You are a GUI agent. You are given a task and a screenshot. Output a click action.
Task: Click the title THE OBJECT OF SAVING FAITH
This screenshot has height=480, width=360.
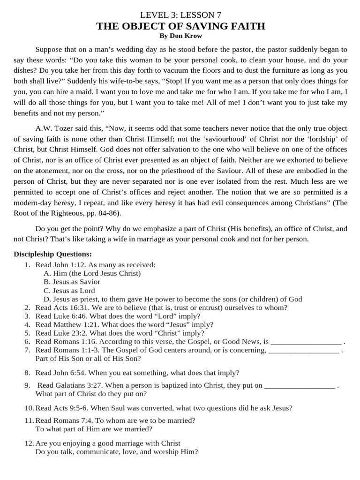point(180,26)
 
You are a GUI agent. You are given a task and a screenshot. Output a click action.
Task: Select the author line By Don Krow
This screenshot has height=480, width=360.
point(180,35)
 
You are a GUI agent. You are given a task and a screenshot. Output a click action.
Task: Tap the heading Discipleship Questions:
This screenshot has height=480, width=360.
point(52,254)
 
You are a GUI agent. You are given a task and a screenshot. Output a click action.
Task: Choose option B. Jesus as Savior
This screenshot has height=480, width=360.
point(72,282)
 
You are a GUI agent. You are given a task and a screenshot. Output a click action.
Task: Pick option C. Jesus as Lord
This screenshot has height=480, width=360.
point(69,291)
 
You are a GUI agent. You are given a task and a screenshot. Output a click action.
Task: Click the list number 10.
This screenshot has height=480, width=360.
point(29,408)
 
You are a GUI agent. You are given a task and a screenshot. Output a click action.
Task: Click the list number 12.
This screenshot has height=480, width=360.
point(29,443)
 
